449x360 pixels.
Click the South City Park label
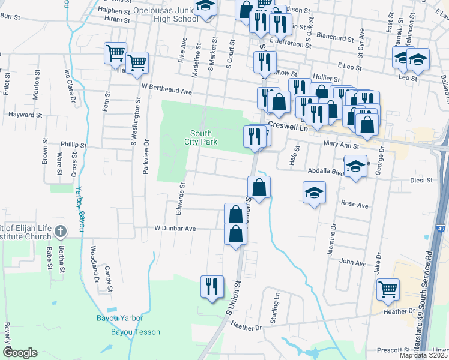click(x=203, y=137)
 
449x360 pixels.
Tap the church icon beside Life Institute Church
click(x=60, y=231)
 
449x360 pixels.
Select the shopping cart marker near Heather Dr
click(x=388, y=290)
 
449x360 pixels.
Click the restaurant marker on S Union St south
click(x=211, y=286)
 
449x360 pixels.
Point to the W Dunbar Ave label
click(x=175, y=229)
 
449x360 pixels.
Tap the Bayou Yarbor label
click(x=120, y=317)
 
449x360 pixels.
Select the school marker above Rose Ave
click(x=314, y=193)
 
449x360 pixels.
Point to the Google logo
click(x=20, y=353)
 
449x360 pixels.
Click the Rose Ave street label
click(x=354, y=205)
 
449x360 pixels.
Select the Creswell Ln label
click(x=288, y=127)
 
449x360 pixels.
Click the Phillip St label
click(x=74, y=145)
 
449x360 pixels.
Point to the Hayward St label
click(x=25, y=114)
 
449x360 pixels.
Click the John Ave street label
click(x=353, y=262)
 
